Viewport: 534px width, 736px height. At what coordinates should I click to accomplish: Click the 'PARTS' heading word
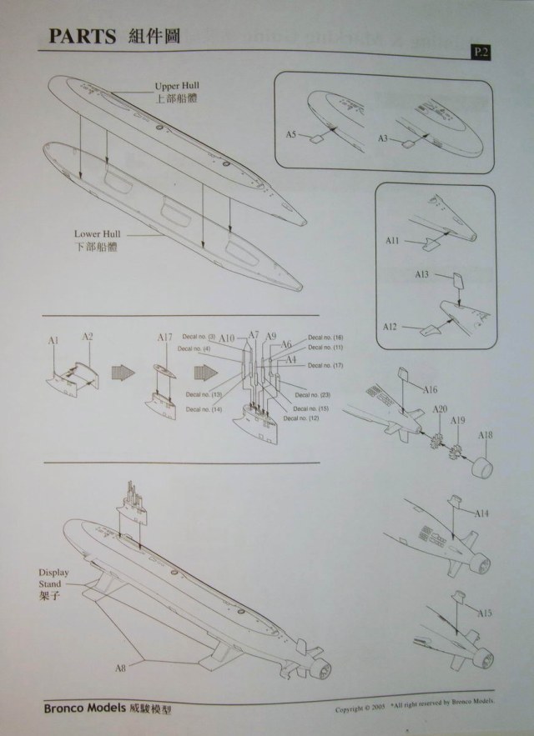(82, 37)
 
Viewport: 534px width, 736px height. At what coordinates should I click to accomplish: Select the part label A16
(431, 389)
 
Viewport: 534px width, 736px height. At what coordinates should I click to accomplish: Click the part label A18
(486, 435)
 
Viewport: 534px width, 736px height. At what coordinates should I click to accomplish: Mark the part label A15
(485, 613)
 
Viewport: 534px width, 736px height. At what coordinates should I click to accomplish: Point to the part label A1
(53, 342)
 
